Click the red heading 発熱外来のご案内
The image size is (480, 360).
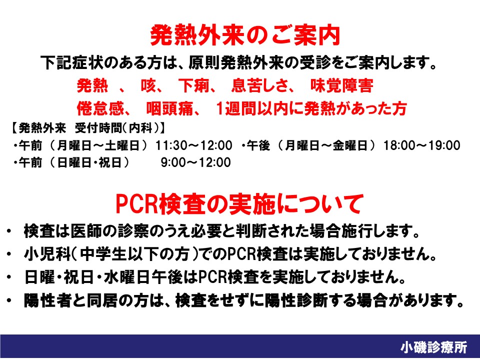click(245, 35)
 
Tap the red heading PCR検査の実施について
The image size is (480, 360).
click(239, 204)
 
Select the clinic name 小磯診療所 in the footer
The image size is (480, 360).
click(434, 347)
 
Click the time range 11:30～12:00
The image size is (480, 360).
click(194, 145)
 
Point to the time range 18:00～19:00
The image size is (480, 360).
click(422, 145)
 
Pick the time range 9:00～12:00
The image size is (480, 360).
click(196, 162)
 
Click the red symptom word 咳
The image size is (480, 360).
click(148, 85)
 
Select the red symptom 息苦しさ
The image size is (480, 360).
click(260, 85)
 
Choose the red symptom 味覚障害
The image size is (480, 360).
click(342, 85)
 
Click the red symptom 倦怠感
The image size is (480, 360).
click(100, 108)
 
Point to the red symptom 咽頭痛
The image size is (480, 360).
click(169, 108)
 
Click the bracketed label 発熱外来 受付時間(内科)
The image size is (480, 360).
click(85, 128)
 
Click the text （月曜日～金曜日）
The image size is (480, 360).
click(326, 145)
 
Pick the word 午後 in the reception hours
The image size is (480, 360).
click(258, 145)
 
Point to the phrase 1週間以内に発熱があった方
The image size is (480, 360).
click(311, 108)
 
